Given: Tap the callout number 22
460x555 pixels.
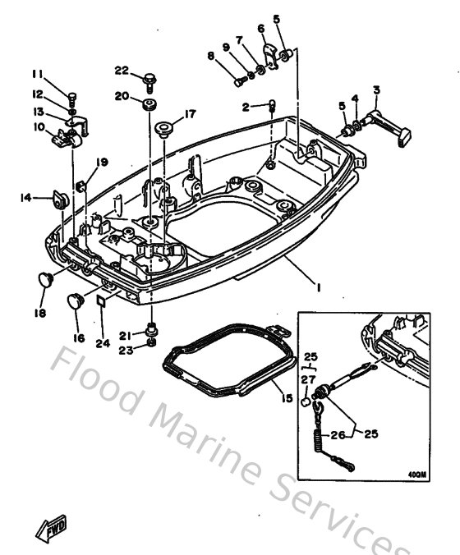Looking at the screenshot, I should coord(122,69).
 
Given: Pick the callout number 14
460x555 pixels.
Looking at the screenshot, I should coord(26,197).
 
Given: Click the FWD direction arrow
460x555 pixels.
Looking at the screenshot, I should coord(52,525).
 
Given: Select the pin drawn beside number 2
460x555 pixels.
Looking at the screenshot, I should coord(271,104).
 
